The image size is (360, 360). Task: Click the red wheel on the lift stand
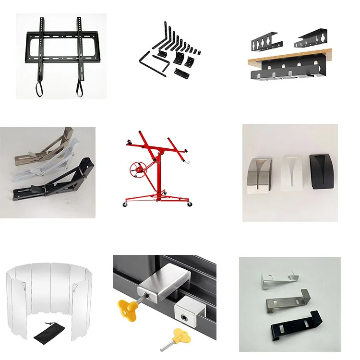coord(137,169)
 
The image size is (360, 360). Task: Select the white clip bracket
coord(278,276)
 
